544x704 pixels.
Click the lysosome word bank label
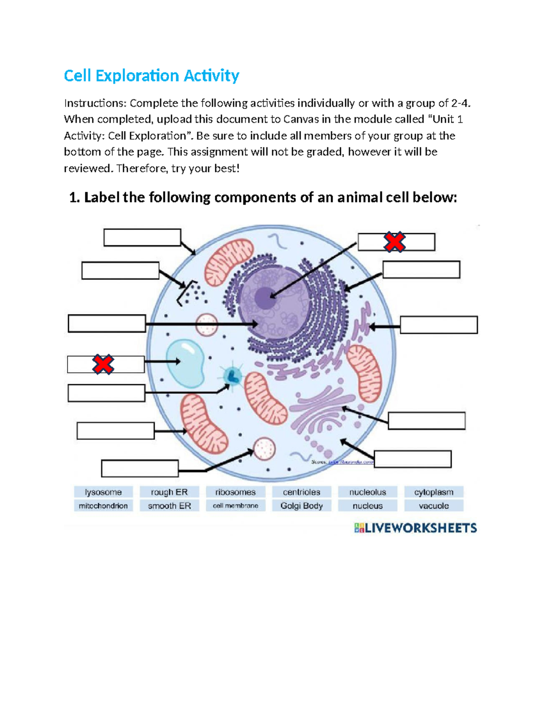(x=103, y=492)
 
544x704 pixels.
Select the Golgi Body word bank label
(x=301, y=505)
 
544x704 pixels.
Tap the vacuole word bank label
(x=434, y=505)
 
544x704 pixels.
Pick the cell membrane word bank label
(x=235, y=505)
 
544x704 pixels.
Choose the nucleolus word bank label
(x=368, y=492)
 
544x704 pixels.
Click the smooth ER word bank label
(x=169, y=505)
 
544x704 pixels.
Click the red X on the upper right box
(x=394, y=242)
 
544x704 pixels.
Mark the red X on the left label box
(x=103, y=364)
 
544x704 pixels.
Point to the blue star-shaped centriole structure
(x=233, y=375)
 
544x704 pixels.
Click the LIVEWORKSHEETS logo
(x=415, y=528)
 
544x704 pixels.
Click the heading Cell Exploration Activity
(x=151, y=75)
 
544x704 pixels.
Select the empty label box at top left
(x=142, y=238)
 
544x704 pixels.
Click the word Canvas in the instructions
(x=301, y=119)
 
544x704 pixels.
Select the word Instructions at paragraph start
(x=94, y=103)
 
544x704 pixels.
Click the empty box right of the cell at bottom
(x=413, y=459)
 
